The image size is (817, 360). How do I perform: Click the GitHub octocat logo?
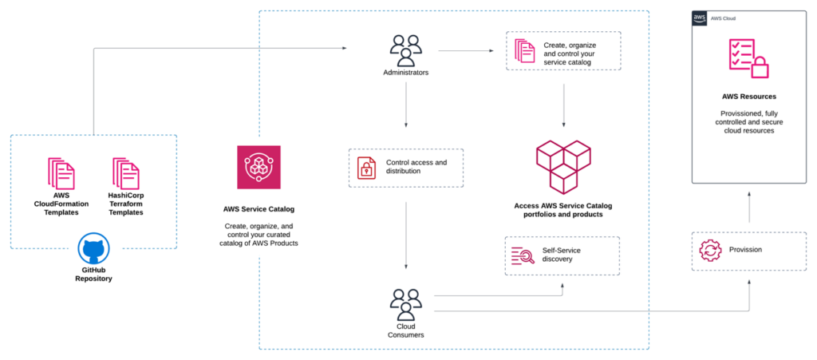pos(93,250)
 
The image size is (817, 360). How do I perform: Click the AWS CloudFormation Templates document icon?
pos(61,173)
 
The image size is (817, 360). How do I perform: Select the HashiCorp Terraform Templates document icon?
pos(125,173)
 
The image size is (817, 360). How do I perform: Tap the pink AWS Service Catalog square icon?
pos(259,168)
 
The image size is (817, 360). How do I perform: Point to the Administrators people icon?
pos(405,51)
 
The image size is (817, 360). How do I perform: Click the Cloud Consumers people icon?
pos(405,304)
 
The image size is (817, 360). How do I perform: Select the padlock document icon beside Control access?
pos(367,168)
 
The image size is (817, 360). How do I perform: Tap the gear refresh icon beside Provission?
pos(709,251)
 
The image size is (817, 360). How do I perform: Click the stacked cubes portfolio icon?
pos(565,166)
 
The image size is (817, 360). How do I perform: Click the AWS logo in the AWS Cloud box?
pos(700,18)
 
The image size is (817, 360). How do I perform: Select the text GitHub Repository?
pos(93,274)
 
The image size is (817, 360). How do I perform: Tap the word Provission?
pos(745,250)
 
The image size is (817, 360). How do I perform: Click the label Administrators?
pos(405,73)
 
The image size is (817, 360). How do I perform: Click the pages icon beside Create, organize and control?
pos(525,51)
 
